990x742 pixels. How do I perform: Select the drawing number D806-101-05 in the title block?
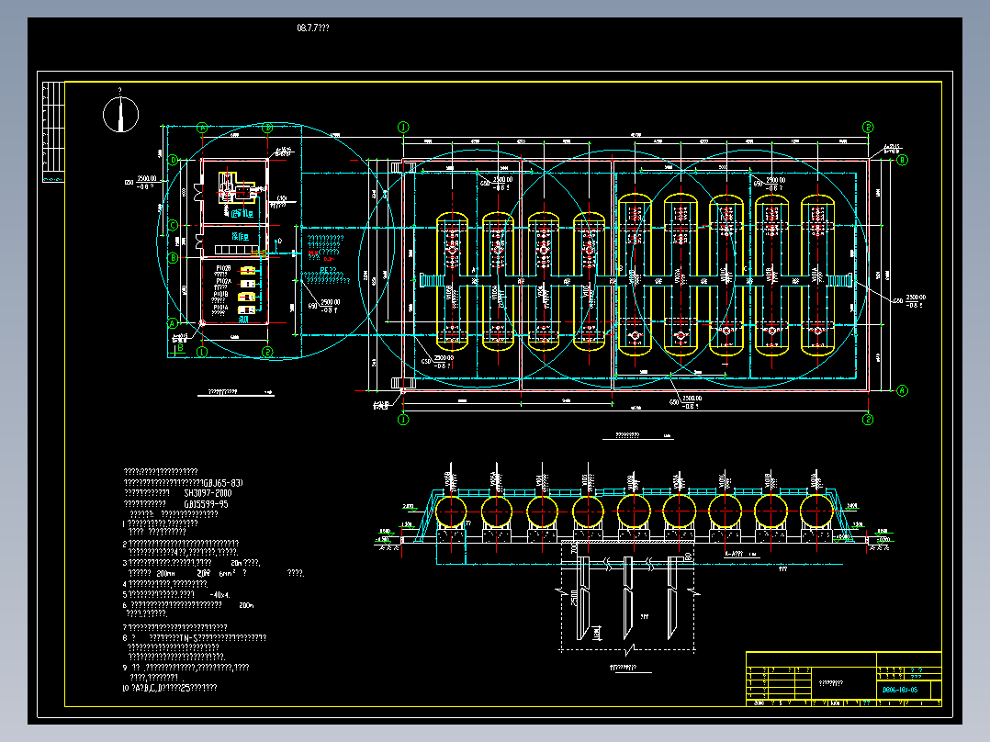pos(900,688)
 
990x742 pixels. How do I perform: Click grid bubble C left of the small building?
pos(173,225)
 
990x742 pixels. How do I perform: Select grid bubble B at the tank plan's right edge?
pos(902,160)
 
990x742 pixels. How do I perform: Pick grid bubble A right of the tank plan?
pos(902,390)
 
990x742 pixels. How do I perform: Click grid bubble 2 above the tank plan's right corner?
pos(868,128)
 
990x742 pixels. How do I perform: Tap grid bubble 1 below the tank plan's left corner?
pos(402,420)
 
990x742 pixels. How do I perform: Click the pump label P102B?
pos(222,268)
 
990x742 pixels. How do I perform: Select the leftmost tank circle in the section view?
pos(452,511)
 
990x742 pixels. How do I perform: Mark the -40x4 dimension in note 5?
pos(218,594)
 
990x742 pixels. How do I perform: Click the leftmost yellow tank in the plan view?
pos(451,280)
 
